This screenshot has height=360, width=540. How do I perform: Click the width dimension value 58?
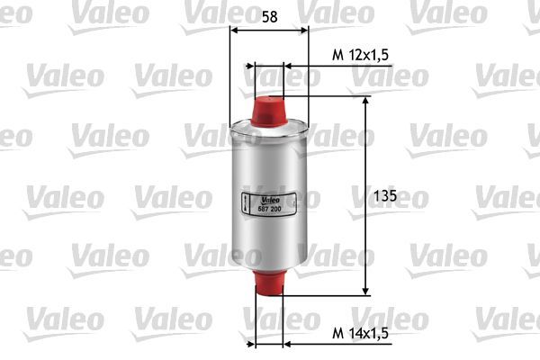(269, 16)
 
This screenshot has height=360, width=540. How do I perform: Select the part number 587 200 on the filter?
(271, 210)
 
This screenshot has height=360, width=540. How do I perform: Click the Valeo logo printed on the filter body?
(271, 200)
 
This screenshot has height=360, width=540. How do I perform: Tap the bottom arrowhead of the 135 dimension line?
(365, 289)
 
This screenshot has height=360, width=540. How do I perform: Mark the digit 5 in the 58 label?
(264, 16)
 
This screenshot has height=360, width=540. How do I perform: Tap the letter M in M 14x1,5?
(336, 334)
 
